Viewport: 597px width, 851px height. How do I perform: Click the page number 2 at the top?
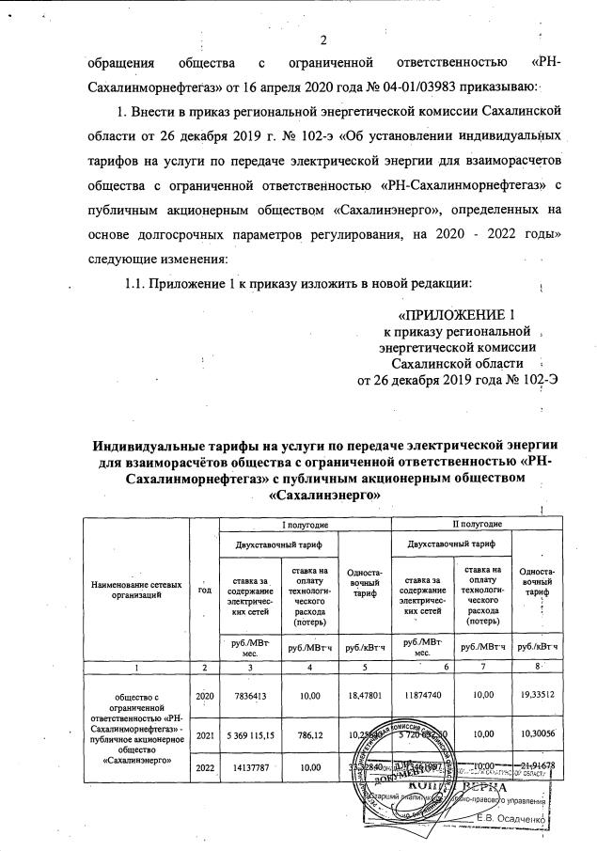[x=322, y=39]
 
